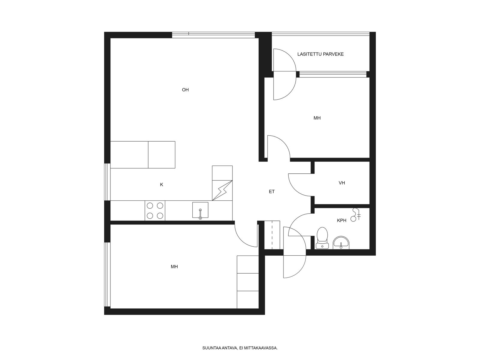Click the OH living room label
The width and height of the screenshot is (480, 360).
185,90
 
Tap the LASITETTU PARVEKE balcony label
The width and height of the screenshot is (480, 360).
320,54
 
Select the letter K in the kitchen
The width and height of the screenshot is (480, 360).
162,185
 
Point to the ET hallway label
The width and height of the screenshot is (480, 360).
271,192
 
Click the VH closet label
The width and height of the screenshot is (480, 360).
342,183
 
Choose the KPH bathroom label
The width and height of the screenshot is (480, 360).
342,220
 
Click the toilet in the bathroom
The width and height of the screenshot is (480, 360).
322,238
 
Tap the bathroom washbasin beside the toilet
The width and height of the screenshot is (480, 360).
341,243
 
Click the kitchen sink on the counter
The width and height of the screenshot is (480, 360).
200,210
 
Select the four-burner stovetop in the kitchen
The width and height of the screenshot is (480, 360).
155,211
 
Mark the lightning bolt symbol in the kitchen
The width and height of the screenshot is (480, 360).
222,190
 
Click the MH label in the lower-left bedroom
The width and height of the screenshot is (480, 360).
174,267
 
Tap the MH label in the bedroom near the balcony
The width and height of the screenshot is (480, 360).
317,118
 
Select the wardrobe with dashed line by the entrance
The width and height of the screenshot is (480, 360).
272,235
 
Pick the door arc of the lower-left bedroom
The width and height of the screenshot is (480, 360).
241,240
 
